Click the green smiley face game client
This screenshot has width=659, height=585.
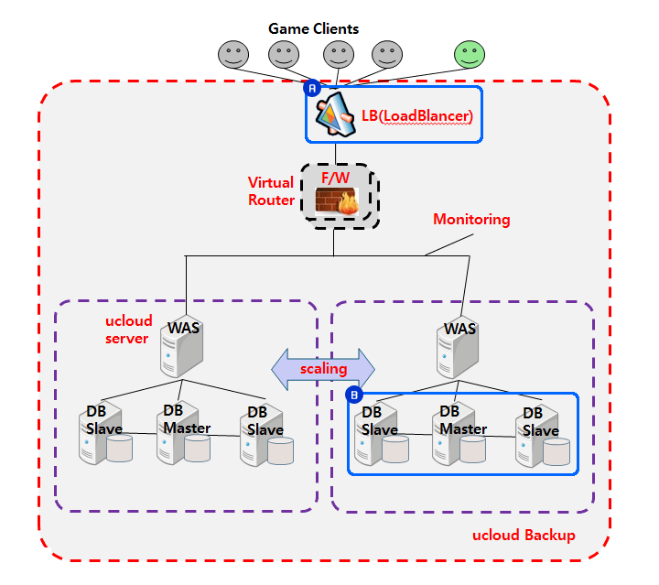coord(470,54)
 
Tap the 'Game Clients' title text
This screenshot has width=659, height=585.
coord(313,28)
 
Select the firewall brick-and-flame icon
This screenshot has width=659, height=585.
coord(335,201)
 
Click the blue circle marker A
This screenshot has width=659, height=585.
coord(311,89)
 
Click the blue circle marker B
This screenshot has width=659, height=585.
coord(354,395)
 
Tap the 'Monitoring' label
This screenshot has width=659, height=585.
coord(471,220)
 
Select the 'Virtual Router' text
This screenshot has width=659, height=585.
coord(272,191)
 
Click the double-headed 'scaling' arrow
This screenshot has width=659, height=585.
coord(323,368)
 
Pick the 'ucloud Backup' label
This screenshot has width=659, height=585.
coord(524,535)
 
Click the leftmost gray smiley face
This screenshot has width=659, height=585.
coord(233,54)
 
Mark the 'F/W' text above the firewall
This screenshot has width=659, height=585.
coord(335,178)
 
